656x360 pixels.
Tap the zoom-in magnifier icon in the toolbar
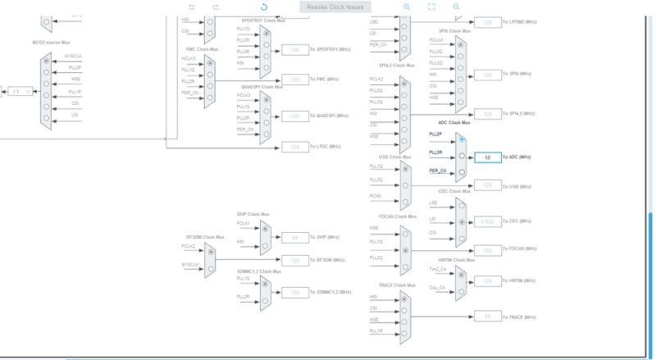tap(407, 7)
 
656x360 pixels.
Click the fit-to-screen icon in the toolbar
tap(431, 7)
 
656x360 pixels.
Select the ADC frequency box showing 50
tap(488, 157)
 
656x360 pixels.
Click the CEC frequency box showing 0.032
tap(488, 221)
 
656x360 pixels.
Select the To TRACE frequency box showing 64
tap(488, 317)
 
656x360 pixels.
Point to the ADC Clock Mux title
tap(454, 122)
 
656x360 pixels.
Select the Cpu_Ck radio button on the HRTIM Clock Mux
tap(462, 289)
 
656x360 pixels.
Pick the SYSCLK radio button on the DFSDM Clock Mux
tap(210, 267)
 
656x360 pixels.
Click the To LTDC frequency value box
tap(294, 147)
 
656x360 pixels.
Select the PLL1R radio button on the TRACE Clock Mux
tap(404, 332)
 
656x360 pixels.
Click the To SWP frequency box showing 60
tap(294, 237)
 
